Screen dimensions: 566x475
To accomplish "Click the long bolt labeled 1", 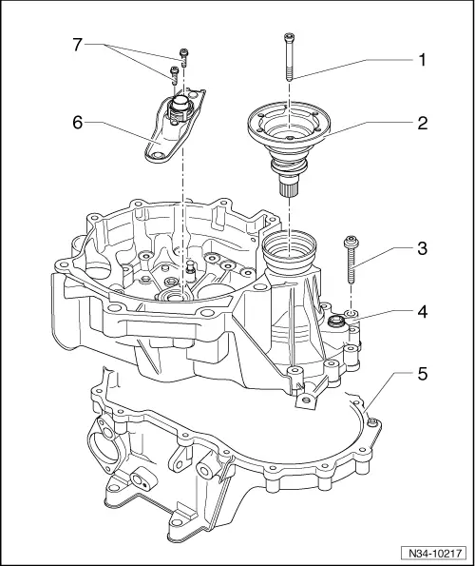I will pyautogui.click(x=287, y=57).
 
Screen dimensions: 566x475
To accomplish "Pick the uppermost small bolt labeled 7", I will pyautogui.click(x=183, y=56).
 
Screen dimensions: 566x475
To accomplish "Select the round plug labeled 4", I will pyautogui.click(x=336, y=326).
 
